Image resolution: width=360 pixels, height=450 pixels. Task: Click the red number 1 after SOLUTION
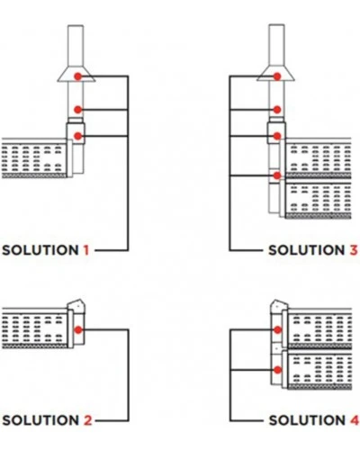pyautogui.click(x=86, y=250)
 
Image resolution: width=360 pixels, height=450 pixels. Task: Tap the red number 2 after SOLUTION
pyautogui.click(x=87, y=420)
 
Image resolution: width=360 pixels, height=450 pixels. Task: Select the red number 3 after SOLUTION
pyautogui.click(x=354, y=250)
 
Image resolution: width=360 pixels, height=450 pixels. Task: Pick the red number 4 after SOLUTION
pyautogui.click(x=354, y=420)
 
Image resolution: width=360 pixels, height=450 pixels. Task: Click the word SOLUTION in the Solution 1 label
pyautogui.click(x=40, y=250)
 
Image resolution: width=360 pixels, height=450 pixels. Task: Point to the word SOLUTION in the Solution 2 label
pyautogui.click(x=40, y=420)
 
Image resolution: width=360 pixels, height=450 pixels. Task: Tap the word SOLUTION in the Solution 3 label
pyautogui.click(x=306, y=250)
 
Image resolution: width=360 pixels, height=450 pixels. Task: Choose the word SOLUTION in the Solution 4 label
pyautogui.click(x=306, y=420)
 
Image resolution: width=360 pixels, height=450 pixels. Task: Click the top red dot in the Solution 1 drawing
pyautogui.click(x=78, y=76)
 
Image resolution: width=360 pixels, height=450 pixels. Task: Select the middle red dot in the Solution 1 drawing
pyautogui.click(x=78, y=110)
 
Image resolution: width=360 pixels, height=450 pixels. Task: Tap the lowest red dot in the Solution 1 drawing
pyautogui.click(x=78, y=136)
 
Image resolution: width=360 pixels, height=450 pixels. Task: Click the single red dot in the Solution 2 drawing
pyautogui.click(x=78, y=330)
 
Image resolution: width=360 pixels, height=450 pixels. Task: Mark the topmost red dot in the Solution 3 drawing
pyautogui.click(x=277, y=76)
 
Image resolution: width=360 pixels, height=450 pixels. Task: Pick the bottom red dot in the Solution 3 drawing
pyautogui.click(x=277, y=175)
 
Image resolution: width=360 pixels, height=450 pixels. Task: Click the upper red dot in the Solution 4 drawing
pyautogui.click(x=278, y=330)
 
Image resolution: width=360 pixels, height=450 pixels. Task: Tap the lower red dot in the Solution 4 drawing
pyautogui.click(x=278, y=370)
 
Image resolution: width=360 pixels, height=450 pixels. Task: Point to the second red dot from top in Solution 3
pyautogui.click(x=277, y=110)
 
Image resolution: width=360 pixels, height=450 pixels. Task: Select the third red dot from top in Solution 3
pyautogui.click(x=277, y=136)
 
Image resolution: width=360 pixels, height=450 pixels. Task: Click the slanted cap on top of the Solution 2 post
pyautogui.click(x=76, y=306)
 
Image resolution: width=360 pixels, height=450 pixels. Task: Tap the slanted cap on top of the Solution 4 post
pyautogui.click(x=280, y=306)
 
